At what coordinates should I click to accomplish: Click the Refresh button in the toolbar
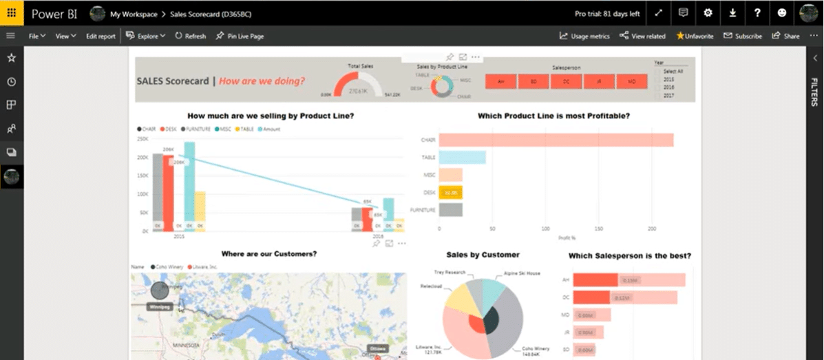[x=191, y=36]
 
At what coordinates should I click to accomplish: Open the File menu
[x=36, y=36]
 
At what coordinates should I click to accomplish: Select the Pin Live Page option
[x=240, y=36]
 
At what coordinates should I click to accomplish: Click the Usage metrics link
[x=584, y=36]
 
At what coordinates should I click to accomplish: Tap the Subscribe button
[x=743, y=36]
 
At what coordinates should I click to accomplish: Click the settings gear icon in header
[x=708, y=13]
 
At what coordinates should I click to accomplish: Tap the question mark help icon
[x=757, y=13]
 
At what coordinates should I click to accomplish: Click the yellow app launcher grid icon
[x=12, y=13]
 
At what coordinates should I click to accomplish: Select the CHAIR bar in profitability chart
[x=556, y=140]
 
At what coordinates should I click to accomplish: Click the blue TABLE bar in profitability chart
[x=462, y=158]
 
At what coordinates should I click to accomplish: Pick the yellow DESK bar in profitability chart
[x=450, y=193]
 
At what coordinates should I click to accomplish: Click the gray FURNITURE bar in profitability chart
[x=450, y=210]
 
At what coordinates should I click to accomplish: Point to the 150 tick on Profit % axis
[x=598, y=228]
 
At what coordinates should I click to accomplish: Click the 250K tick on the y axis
[x=143, y=139]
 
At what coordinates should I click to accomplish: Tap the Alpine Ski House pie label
[x=521, y=273]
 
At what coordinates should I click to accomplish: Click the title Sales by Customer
[x=483, y=255]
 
